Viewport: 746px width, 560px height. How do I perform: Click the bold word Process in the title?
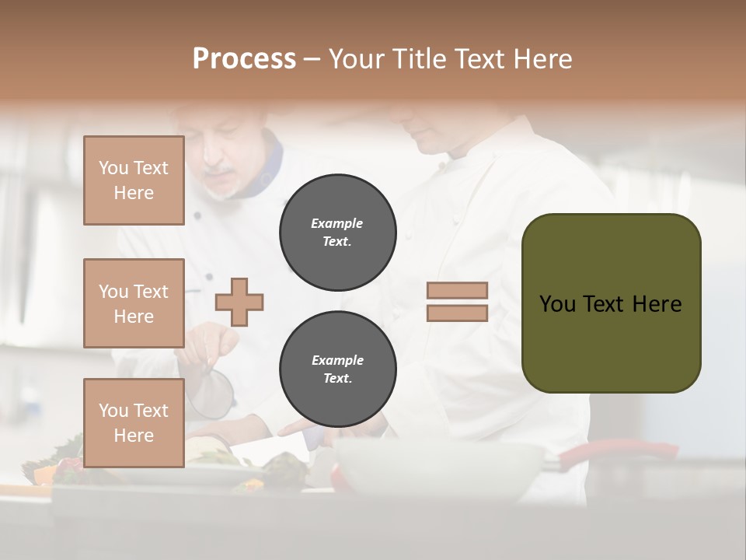pyautogui.click(x=244, y=58)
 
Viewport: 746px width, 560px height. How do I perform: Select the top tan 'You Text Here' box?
pyautogui.click(x=134, y=180)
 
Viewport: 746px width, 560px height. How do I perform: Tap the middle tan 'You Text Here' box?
pyautogui.click(x=134, y=303)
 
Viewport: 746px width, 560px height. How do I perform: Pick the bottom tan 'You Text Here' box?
pyautogui.click(x=134, y=422)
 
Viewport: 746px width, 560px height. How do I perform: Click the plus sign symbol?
pyautogui.click(x=239, y=301)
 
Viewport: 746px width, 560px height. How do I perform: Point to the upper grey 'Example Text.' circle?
pyautogui.click(x=338, y=233)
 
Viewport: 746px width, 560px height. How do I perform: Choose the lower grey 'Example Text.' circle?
pyautogui.click(x=338, y=369)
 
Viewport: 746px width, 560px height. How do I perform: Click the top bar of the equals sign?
pyautogui.click(x=457, y=291)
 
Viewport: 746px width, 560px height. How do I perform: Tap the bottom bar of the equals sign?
pyautogui.click(x=457, y=313)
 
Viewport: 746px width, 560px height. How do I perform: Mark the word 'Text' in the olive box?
pyautogui.click(x=604, y=303)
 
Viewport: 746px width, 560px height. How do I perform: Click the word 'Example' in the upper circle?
pyautogui.click(x=337, y=224)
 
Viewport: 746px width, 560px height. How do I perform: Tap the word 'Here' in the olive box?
pyautogui.click(x=657, y=303)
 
